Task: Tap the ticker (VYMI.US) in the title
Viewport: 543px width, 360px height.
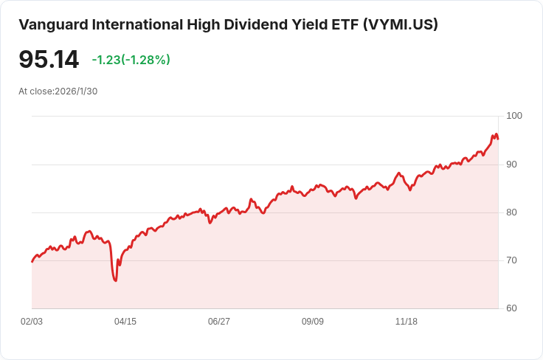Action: (401, 24)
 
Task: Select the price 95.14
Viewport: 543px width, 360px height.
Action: (49, 60)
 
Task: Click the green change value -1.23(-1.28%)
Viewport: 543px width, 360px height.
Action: (131, 60)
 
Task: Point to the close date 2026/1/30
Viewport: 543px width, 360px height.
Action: (76, 91)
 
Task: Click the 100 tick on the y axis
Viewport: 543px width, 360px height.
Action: (514, 116)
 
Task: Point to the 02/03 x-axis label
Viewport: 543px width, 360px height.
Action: (32, 322)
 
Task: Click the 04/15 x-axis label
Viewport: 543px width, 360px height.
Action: (125, 322)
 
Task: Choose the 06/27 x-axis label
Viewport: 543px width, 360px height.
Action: (219, 322)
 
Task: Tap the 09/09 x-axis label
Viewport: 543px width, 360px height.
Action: (313, 322)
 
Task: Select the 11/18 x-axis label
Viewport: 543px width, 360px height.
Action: (407, 322)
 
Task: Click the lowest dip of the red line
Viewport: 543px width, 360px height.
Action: (116, 280)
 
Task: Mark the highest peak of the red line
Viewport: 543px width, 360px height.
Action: (496, 134)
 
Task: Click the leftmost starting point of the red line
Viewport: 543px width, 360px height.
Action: (32, 262)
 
